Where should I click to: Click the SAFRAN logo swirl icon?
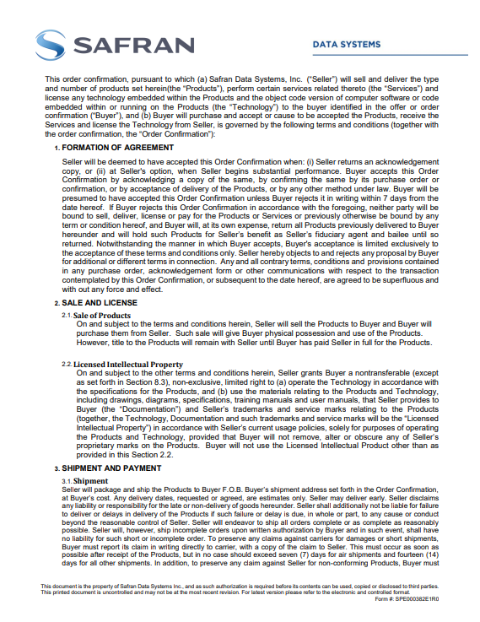click(50, 45)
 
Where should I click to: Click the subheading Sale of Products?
click(103, 315)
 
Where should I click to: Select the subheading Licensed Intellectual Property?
click(126, 364)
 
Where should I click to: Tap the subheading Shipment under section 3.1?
click(90, 480)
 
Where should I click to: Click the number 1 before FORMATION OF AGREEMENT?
click(57, 147)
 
